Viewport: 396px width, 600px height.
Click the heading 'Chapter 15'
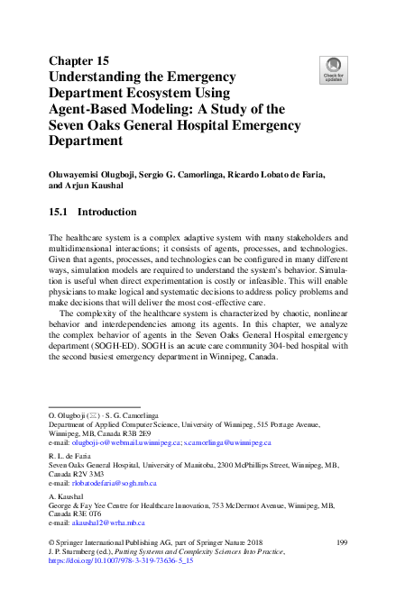[78, 60]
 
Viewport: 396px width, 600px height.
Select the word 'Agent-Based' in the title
[96, 109]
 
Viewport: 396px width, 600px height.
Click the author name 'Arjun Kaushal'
[98, 186]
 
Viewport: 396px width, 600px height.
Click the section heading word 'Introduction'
[107, 213]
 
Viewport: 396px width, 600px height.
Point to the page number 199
[342, 541]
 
